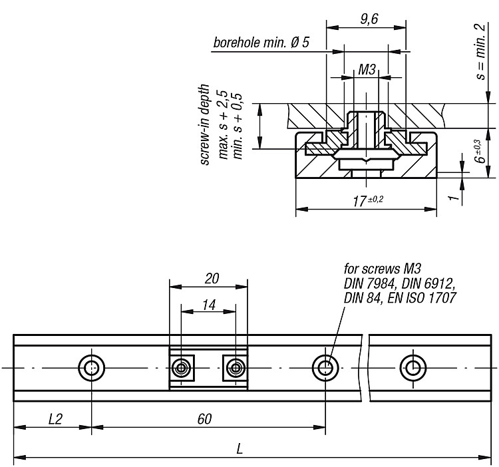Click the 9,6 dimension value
click(369, 19)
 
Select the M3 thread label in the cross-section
click(367, 69)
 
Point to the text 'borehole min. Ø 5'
click(261, 43)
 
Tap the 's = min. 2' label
click(481, 51)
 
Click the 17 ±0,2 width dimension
click(368, 201)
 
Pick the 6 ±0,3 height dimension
click(480, 152)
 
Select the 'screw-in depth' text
click(206, 124)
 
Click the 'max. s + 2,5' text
click(223, 124)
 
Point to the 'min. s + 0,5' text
click(237, 126)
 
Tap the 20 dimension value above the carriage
click(212, 278)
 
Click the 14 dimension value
click(209, 305)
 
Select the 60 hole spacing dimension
click(204, 419)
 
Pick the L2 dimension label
click(55, 419)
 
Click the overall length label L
click(240, 449)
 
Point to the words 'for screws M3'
click(383, 269)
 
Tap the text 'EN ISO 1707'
click(422, 298)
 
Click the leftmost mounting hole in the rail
click(92, 369)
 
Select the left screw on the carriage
click(181, 369)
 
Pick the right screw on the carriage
click(236, 369)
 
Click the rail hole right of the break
click(413, 369)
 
